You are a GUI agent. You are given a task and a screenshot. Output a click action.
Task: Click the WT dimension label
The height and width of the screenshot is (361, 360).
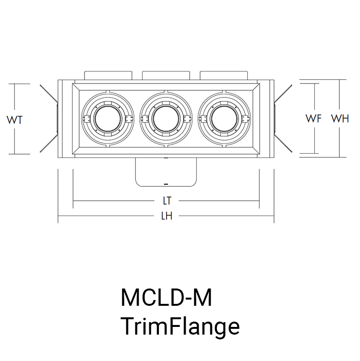[15, 120]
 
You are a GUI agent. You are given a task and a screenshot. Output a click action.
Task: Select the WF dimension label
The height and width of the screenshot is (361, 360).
[313, 118]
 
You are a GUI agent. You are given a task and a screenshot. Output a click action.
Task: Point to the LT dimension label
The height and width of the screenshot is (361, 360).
[167, 200]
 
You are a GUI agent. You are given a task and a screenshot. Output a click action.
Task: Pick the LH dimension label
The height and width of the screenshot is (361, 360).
[167, 216]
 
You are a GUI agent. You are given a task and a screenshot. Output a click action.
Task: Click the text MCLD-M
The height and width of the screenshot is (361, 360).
[166, 298]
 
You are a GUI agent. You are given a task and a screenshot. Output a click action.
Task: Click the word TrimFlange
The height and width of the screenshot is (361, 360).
[180, 326]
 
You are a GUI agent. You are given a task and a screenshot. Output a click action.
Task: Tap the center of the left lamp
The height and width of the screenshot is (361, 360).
[107, 119]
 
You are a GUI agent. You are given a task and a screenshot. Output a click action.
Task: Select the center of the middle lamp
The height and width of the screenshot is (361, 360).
[166, 119]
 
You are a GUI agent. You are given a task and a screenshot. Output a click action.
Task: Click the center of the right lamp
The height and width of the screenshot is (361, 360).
[224, 119]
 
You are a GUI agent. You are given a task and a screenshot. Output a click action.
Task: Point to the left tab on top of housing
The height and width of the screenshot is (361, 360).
[108, 75]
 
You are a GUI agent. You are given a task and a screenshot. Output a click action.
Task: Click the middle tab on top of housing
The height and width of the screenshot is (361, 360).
[166, 75]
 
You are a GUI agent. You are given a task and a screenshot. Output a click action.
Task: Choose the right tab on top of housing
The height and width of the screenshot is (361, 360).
[224, 75]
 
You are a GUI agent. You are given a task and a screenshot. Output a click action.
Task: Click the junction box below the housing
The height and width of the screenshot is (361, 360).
[166, 172]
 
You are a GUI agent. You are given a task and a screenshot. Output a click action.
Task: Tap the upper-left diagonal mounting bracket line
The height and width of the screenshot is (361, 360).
[48, 94]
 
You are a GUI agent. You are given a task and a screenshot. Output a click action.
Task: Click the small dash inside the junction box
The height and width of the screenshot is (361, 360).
[166, 183]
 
